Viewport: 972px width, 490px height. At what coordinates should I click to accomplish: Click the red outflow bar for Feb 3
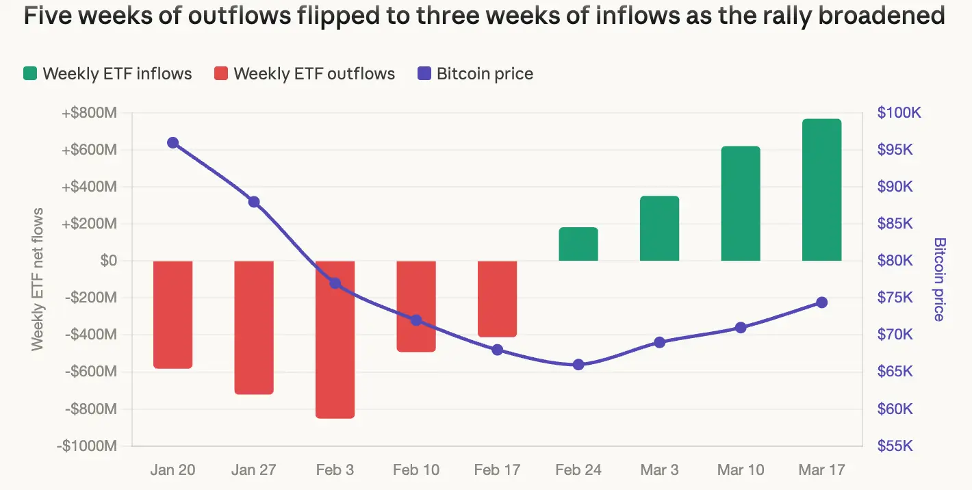click(x=335, y=339)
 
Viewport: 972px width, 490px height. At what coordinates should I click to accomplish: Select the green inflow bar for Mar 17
click(x=821, y=190)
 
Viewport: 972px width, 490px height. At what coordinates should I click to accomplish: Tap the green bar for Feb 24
click(x=578, y=244)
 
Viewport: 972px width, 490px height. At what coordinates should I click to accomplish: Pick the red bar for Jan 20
click(x=172, y=314)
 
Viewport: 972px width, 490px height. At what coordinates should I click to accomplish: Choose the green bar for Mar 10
click(x=741, y=203)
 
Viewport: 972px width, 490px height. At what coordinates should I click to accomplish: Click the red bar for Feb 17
click(x=497, y=298)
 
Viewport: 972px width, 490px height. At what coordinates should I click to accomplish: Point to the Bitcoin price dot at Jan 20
click(x=172, y=143)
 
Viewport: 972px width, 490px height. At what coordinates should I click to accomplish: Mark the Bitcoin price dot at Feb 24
click(x=578, y=365)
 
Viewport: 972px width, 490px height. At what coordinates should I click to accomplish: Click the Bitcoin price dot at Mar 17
click(x=821, y=302)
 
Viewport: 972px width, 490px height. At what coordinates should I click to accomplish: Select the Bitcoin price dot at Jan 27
click(x=254, y=202)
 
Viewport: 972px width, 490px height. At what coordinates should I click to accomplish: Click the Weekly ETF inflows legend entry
click(x=107, y=74)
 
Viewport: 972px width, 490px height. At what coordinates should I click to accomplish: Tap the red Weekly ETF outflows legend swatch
click(x=220, y=74)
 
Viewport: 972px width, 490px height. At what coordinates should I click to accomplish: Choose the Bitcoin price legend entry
click(x=475, y=74)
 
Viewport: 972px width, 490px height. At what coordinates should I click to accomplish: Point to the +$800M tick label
click(x=89, y=113)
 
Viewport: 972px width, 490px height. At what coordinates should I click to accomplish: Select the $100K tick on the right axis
click(x=899, y=113)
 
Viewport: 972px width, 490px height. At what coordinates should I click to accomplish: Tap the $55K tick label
click(x=895, y=446)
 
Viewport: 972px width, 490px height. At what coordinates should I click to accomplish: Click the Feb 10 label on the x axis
click(x=416, y=470)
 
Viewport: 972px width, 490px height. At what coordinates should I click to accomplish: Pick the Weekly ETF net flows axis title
click(x=38, y=279)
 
